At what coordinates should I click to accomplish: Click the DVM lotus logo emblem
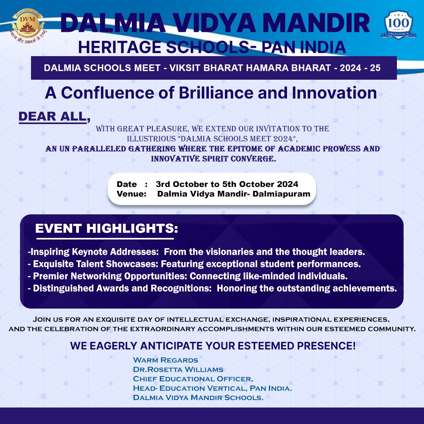coord(27,25)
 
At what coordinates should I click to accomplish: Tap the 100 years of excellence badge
coord(398,25)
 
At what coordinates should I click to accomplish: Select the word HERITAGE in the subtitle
coord(120,47)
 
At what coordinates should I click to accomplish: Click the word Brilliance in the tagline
coord(216,93)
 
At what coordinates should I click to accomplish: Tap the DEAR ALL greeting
coord(54,117)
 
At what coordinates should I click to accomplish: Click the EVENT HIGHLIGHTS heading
coord(106,228)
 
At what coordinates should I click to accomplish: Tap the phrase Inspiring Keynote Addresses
coord(94,252)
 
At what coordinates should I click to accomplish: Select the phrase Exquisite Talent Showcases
coord(95,264)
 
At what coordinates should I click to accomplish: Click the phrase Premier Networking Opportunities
coord(110,276)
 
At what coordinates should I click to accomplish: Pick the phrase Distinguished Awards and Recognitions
coord(122,288)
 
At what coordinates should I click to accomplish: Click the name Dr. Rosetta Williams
coord(178,370)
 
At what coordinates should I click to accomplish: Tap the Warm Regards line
coord(166,360)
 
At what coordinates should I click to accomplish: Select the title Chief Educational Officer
coord(193,379)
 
